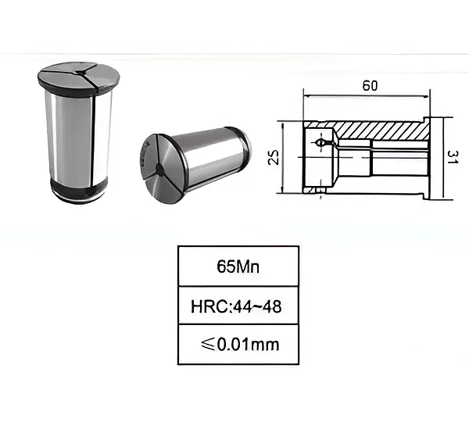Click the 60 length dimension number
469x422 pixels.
coord(370,86)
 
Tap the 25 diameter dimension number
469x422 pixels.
coord(274,157)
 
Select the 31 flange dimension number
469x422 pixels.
coord(453,157)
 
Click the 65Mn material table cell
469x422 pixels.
coord(238,266)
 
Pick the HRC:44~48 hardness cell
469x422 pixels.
coord(238,306)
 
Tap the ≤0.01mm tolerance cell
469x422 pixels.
coord(238,344)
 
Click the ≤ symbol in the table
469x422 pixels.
coord(208,344)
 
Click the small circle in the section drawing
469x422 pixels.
coord(320,143)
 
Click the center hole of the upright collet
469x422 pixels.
coord(81,72)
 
